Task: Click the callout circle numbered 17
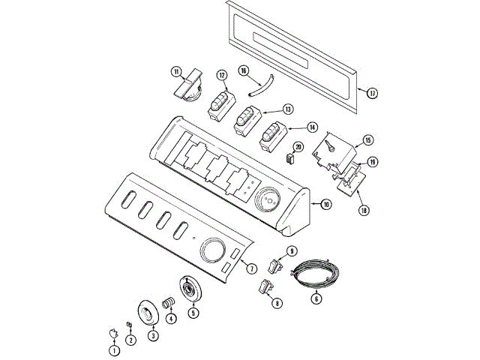pyautogui.click(x=372, y=93)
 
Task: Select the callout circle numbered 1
pyautogui.click(x=115, y=350)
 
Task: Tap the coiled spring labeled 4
pyautogui.click(x=168, y=304)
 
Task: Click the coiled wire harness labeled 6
pyautogui.click(x=315, y=273)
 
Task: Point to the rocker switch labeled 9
pyautogui.click(x=275, y=266)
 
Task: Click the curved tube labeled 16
pyautogui.click(x=261, y=85)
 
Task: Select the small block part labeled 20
pyautogui.click(x=290, y=158)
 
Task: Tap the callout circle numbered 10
pyautogui.click(x=325, y=204)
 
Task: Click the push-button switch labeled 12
pyautogui.click(x=222, y=106)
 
